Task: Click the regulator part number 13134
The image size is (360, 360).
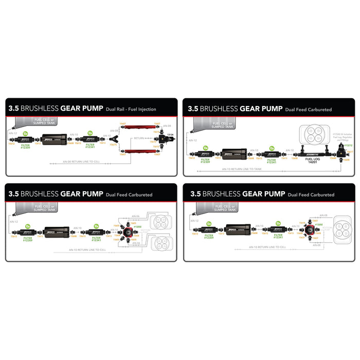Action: click(170, 134)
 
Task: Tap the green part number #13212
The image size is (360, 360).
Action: click(348, 146)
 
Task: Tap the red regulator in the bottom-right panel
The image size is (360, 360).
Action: click(312, 229)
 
